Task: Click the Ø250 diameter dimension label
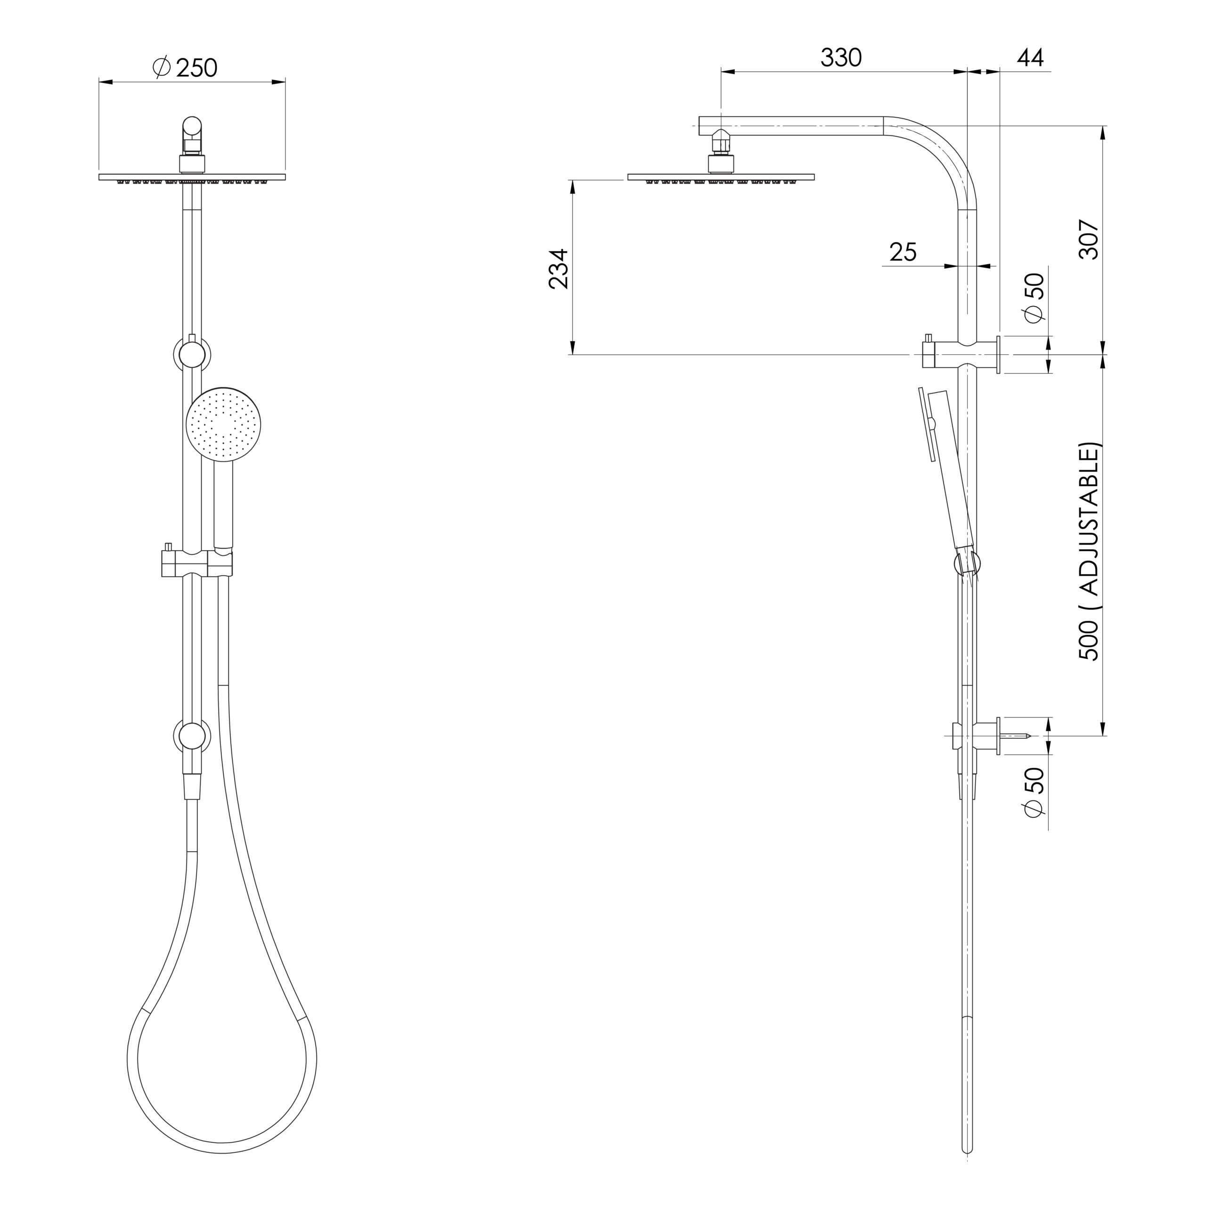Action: tap(186, 67)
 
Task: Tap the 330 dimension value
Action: tap(841, 57)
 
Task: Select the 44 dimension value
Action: tap(1030, 57)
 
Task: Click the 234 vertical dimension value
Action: tap(559, 269)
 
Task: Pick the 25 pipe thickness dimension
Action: tap(903, 252)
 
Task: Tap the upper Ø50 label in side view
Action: tap(1035, 298)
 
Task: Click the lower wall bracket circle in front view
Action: tap(192, 735)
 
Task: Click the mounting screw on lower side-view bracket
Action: tap(1016, 736)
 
